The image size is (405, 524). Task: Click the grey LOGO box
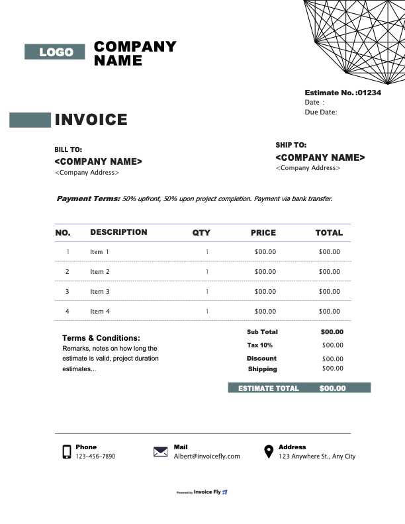coord(55,52)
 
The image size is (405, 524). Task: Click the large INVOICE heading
coord(91,120)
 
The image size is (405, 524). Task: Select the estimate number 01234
coord(369,93)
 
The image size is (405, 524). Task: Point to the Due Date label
coord(321,112)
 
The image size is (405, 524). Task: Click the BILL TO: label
coord(68,150)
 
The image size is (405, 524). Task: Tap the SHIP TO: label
coord(291,145)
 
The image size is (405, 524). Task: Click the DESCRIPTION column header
coord(118,232)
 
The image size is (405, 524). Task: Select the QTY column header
coord(201,233)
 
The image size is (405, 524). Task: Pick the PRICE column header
coord(263,233)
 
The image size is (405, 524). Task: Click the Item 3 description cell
coord(100,292)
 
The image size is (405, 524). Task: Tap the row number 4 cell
coord(67,312)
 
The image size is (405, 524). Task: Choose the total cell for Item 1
coord(329,252)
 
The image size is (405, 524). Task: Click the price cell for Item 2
coord(265,272)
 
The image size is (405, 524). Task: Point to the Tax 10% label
coord(260,345)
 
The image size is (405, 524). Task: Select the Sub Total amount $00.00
coord(332,332)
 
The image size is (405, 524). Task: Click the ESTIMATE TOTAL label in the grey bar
coord(269,388)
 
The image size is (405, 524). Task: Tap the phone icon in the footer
coord(67,452)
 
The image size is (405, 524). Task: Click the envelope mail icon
coord(160,452)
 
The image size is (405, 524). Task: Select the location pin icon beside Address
coord(269,452)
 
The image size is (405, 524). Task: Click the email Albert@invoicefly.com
coord(206,457)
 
